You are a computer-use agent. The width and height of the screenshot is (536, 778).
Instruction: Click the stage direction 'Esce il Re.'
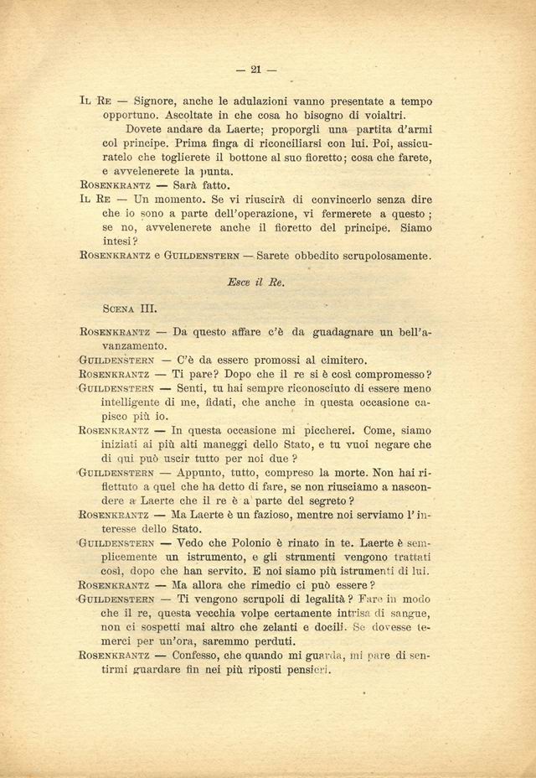pos(256,283)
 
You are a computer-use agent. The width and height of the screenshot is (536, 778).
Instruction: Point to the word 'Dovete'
pos(148,130)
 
